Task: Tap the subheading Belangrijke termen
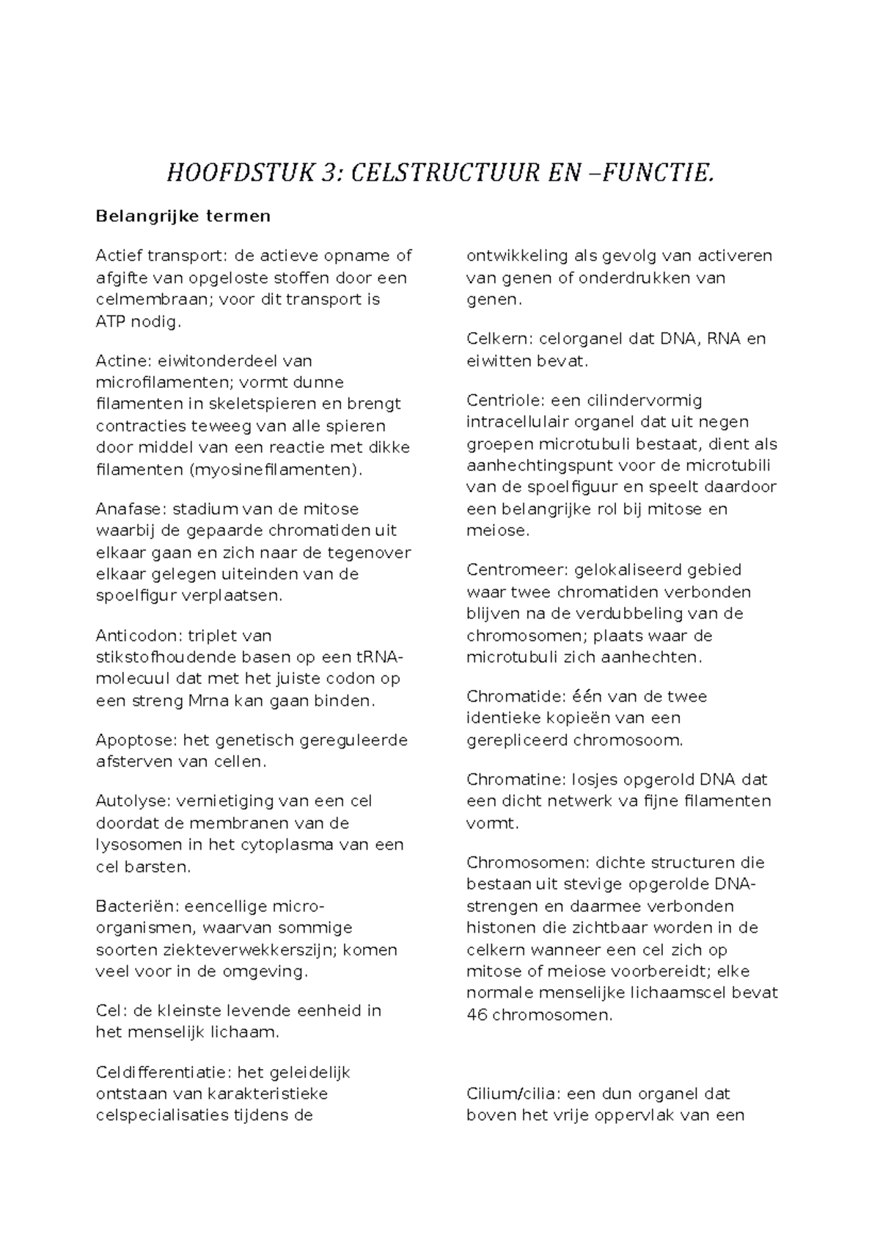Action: pyautogui.click(x=183, y=216)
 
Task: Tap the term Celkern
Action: pyautogui.click(x=499, y=339)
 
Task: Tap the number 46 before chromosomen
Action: pyautogui.click(x=476, y=1016)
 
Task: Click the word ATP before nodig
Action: pyautogui.click(x=111, y=321)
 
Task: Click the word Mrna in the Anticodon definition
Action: pyautogui.click(x=209, y=701)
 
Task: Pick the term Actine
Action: pyautogui.click(x=120, y=361)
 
